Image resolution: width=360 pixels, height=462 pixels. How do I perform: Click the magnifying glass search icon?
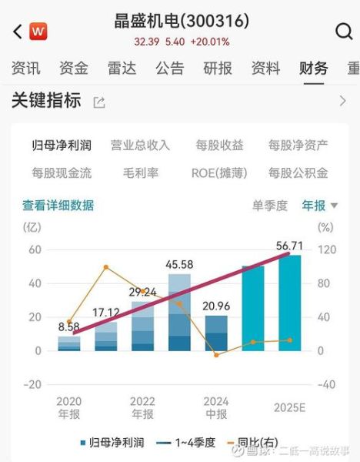344,32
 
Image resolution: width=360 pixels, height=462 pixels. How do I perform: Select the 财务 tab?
313,68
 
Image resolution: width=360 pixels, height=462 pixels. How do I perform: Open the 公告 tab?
169,68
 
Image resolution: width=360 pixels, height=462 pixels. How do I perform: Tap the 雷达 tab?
122,68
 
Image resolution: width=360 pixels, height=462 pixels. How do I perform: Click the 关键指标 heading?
46,101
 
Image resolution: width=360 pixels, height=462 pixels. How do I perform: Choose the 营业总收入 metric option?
140,145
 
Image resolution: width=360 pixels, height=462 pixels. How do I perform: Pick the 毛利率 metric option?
140,172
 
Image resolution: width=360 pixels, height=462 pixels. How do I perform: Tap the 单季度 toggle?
269,206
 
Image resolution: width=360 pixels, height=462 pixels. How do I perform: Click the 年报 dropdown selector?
319,206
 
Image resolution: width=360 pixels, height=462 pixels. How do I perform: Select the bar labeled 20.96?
216,333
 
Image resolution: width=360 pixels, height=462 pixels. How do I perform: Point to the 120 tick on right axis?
326,249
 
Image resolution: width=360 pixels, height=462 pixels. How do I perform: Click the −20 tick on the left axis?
32,384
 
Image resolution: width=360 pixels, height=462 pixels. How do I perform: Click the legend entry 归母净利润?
112,442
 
